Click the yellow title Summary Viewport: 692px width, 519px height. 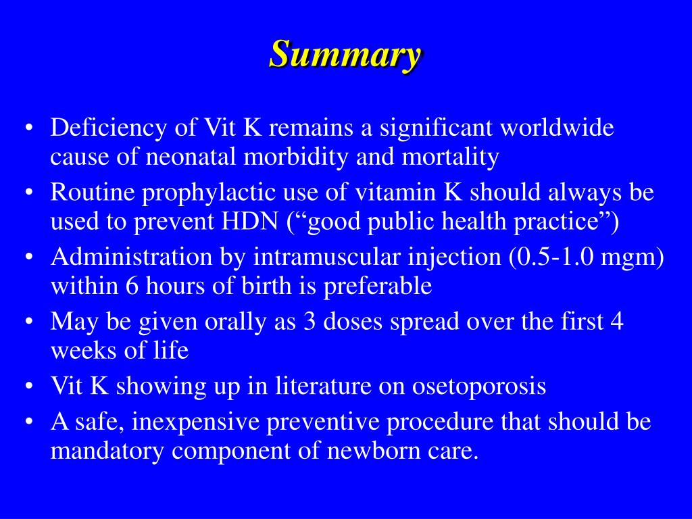[x=345, y=55]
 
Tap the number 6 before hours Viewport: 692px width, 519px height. [x=132, y=286]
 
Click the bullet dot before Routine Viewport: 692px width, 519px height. [x=28, y=194]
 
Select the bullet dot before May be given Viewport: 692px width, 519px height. [x=28, y=322]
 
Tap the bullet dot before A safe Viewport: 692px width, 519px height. [x=28, y=422]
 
